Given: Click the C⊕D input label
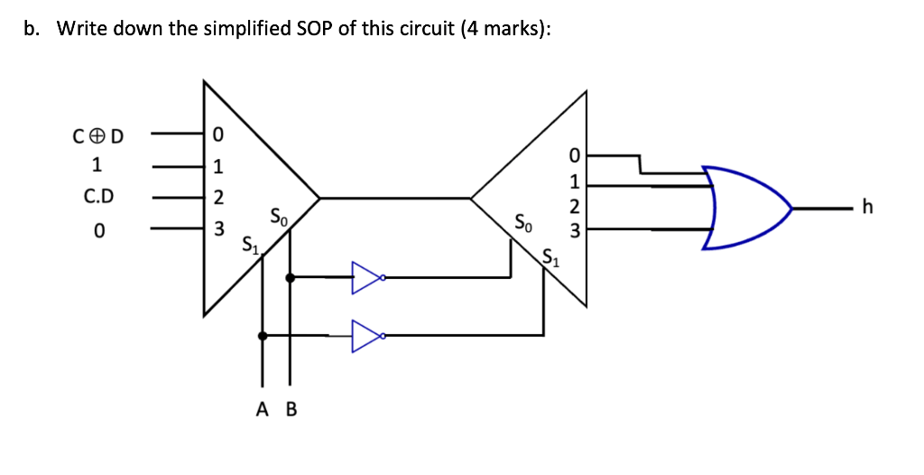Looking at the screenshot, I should coord(98,137).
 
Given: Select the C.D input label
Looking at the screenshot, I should coord(98,196).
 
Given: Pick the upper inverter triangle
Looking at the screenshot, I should coord(366,277).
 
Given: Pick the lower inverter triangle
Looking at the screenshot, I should coord(366,336).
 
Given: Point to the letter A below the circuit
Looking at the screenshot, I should coord(263,410).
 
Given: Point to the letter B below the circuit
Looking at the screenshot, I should coord(291,410).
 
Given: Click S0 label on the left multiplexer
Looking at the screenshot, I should coord(279,217).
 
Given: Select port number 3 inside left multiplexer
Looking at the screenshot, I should coord(217,228).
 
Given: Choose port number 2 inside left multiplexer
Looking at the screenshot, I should coord(217,198).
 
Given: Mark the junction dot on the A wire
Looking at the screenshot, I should coord(263,336).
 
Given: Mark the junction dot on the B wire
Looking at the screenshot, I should coord(290,277).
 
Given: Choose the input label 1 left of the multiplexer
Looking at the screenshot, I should coord(98,166).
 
